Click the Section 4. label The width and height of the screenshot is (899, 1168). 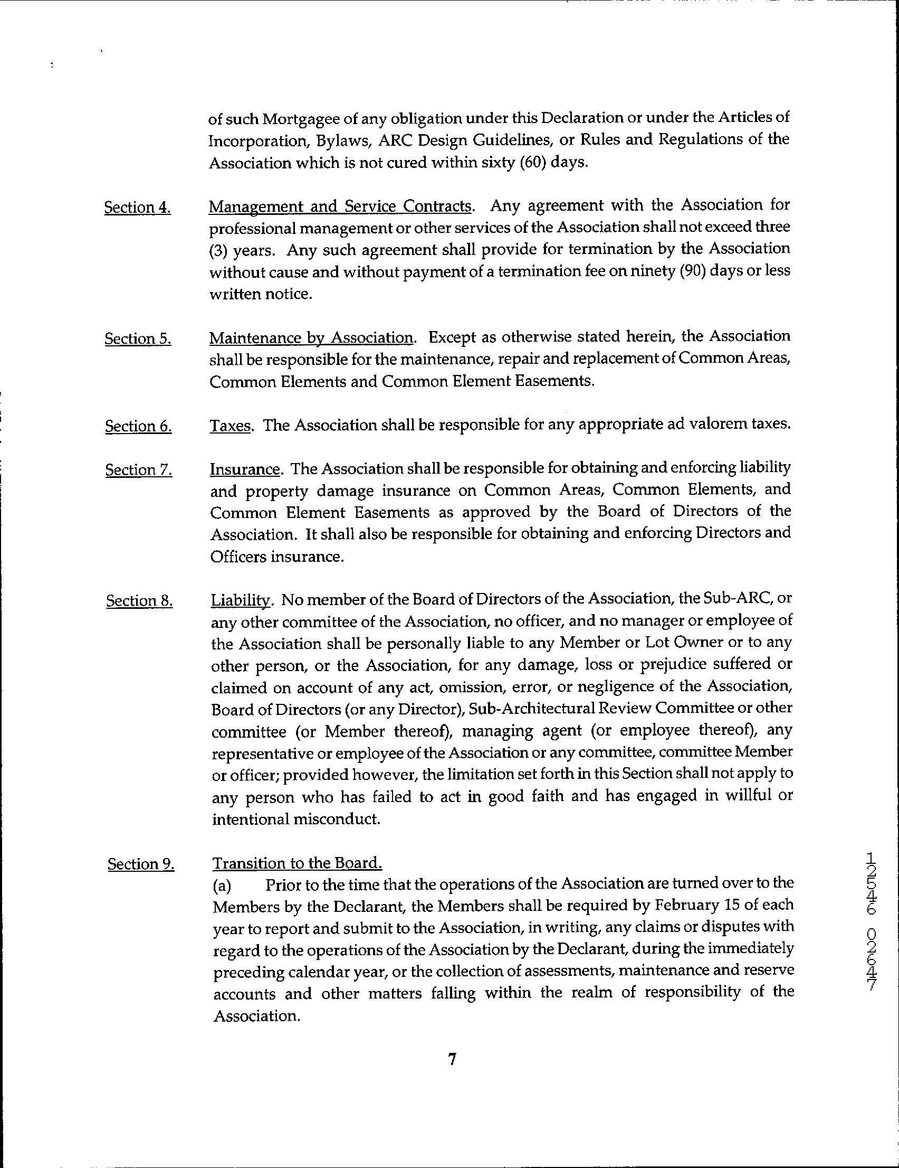tap(137, 208)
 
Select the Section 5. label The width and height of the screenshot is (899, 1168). tap(138, 339)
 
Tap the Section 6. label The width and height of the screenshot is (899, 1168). tap(138, 426)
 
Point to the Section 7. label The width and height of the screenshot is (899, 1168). tap(138, 470)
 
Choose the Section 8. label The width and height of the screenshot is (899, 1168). tap(139, 601)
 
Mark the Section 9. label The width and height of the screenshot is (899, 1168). tap(140, 864)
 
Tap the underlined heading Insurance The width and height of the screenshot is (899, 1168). tap(245, 469)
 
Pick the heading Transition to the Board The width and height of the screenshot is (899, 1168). tap(297, 864)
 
